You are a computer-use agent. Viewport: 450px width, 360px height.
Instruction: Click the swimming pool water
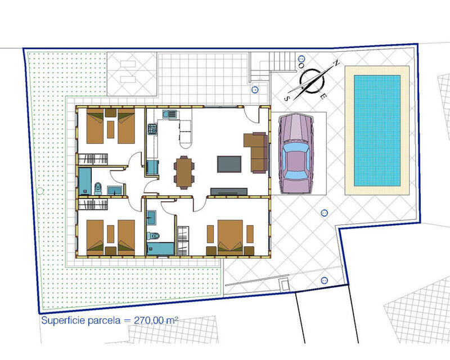point(377,130)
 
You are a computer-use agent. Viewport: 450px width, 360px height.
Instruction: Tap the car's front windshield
point(296,148)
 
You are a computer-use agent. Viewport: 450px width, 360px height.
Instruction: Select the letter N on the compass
point(336,62)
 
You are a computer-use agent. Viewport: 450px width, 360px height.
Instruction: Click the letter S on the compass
point(286,99)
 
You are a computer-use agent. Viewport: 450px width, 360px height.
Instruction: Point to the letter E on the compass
point(323,96)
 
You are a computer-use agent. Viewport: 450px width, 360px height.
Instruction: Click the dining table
point(184,172)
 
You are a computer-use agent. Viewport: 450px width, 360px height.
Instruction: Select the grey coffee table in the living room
point(229,164)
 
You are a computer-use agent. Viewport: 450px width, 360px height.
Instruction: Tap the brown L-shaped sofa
point(256,152)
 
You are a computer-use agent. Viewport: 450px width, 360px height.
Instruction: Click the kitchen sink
point(169,114)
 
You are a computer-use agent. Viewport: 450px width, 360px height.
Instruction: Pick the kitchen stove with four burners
point(152,129)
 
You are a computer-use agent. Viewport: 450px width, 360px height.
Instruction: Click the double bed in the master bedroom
point(230,237)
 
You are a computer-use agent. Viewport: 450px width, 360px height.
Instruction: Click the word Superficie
point(63,321)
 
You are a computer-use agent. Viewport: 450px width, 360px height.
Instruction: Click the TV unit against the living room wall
point(229,191)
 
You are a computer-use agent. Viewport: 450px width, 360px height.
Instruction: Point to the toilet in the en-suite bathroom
point(153,236)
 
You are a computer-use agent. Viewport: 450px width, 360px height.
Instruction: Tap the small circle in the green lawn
point(40,191)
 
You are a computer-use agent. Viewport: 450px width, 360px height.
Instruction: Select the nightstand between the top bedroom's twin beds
point(110,112)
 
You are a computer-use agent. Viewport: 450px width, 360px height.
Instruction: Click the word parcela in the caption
point(104,321)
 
